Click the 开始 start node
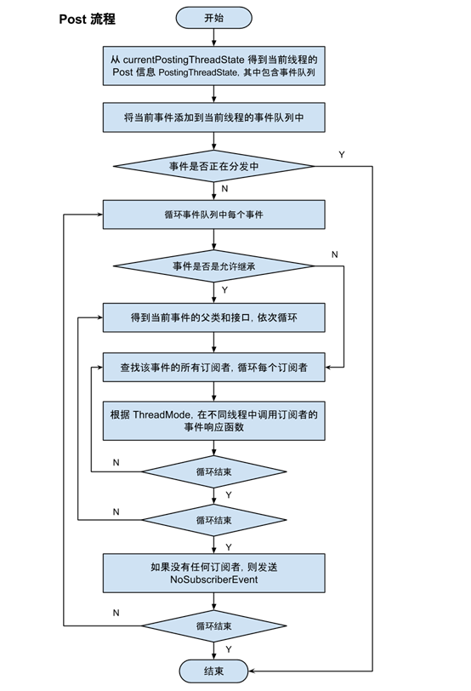pyautogui.click(x=213, y=17)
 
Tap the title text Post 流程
pyautogui.click(x=88, y=19)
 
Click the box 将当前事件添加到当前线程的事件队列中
pyautogui.click(x=213, y=118)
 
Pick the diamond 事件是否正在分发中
pyautogui.click(x=213, y=166)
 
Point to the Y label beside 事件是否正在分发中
pyautogui.click(x=341, y=154)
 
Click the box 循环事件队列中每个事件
pyautogui.click(x=213, y=214)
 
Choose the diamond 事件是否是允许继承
pyautogui.click(x=213, y=266)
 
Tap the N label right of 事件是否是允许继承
pyautogui.click(x=334, y=254)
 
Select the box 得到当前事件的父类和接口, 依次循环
pyautogui.click(x=213, y=317)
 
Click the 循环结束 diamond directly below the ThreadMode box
pyautogui.click(x=213, y=470)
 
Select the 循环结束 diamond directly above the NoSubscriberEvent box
pyautogui.click(x=213, y=519)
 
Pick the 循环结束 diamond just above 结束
pyautogui.click(x=213, y=625)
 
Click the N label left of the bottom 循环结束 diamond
pyautogui.click(x=116, y=613)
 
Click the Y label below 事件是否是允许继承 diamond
pyautogui.click(x=225, y=289)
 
